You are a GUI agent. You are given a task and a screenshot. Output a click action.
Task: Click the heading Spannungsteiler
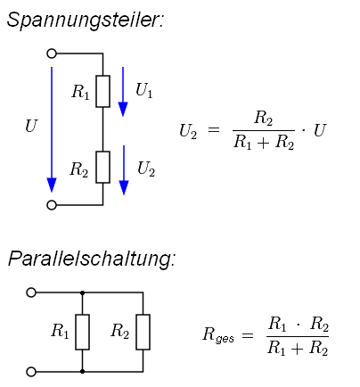86,21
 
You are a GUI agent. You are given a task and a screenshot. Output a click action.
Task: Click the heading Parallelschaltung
92,259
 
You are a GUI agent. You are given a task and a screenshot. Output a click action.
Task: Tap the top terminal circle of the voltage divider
52,54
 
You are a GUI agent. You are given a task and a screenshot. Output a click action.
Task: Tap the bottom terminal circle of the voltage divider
52,205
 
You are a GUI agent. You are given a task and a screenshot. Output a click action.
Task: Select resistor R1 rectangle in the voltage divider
102,91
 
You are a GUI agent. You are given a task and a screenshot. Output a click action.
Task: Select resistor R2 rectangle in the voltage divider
102,167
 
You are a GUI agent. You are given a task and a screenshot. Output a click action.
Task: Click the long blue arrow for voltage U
52,129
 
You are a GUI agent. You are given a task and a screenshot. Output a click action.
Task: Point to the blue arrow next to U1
123,92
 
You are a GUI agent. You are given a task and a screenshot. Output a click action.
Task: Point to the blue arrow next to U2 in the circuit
124,170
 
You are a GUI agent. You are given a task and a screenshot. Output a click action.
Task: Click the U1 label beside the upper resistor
144,90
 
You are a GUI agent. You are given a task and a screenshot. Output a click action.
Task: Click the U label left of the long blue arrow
31,126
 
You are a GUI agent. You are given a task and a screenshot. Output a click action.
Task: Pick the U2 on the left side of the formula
188,131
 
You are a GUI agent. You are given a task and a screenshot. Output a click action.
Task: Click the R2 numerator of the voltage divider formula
263,119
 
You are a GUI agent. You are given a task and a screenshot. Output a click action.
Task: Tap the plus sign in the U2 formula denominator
264,143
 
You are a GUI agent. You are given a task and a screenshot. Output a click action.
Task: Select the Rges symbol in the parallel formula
218,334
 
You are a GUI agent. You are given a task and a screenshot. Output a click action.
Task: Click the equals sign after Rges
248,336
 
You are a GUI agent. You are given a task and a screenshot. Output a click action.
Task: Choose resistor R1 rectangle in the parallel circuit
82,332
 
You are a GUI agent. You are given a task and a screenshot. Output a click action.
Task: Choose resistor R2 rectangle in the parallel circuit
143,332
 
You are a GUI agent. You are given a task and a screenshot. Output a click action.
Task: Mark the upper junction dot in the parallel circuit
82,292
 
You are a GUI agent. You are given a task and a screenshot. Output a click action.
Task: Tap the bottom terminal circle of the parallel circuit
31,372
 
